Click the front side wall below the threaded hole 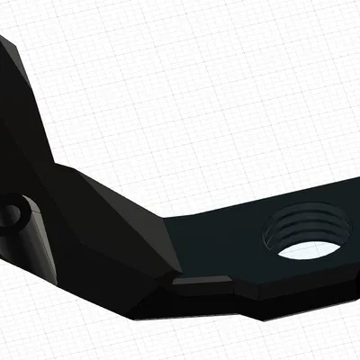(x=306, y=297)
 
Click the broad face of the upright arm (x=18, y=117)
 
